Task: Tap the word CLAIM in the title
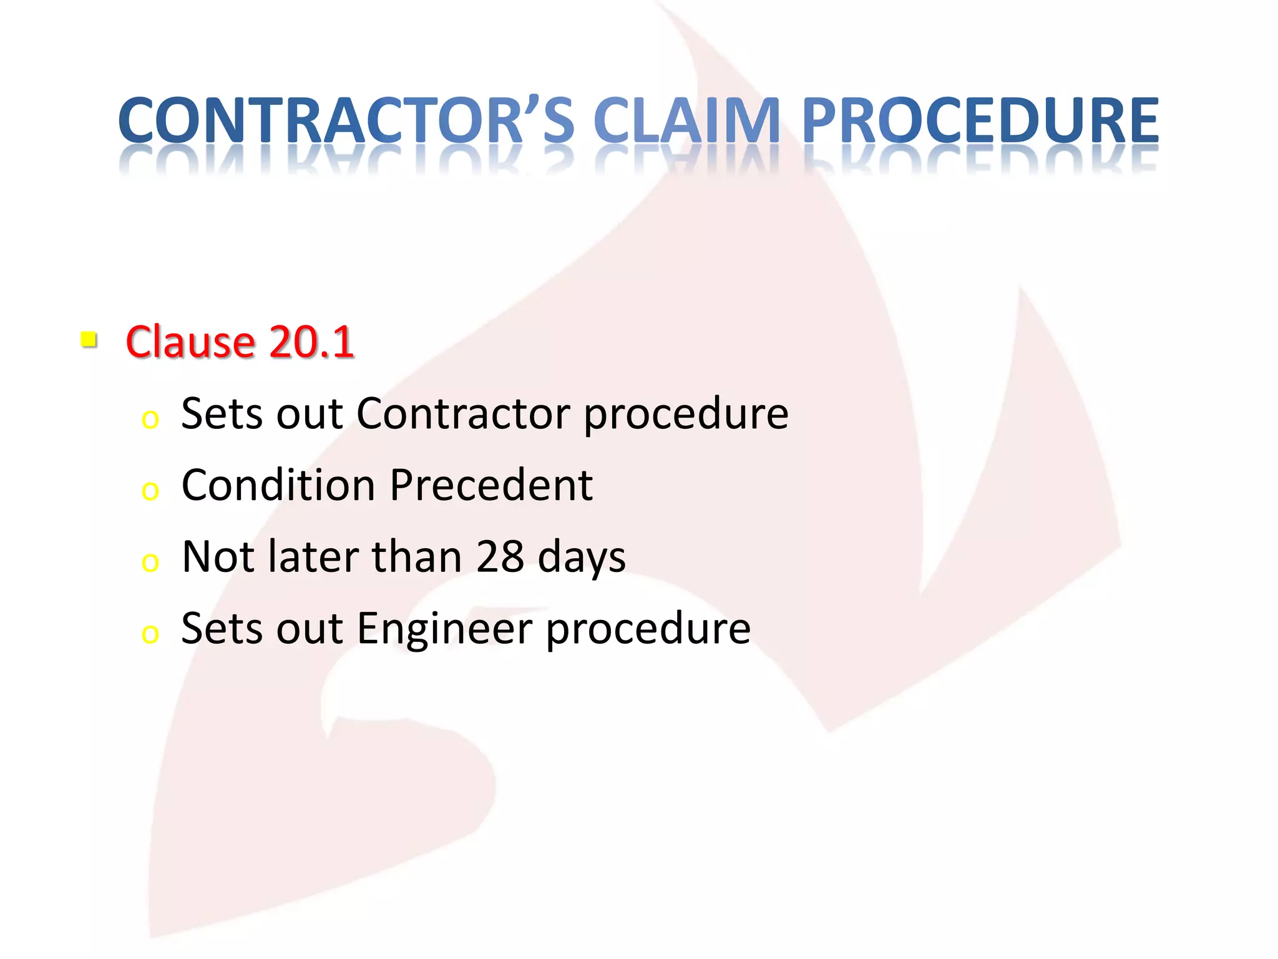[686, 120]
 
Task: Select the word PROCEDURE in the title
[980, 120]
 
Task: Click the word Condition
[278, 485]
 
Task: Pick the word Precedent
[491, 485]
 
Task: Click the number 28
[499, 557]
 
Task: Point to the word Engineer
[444, 629]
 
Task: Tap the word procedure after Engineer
[648, 629]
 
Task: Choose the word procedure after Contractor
[686, 415]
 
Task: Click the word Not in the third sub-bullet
[217, 557]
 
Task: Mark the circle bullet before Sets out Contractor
[150, 420]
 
